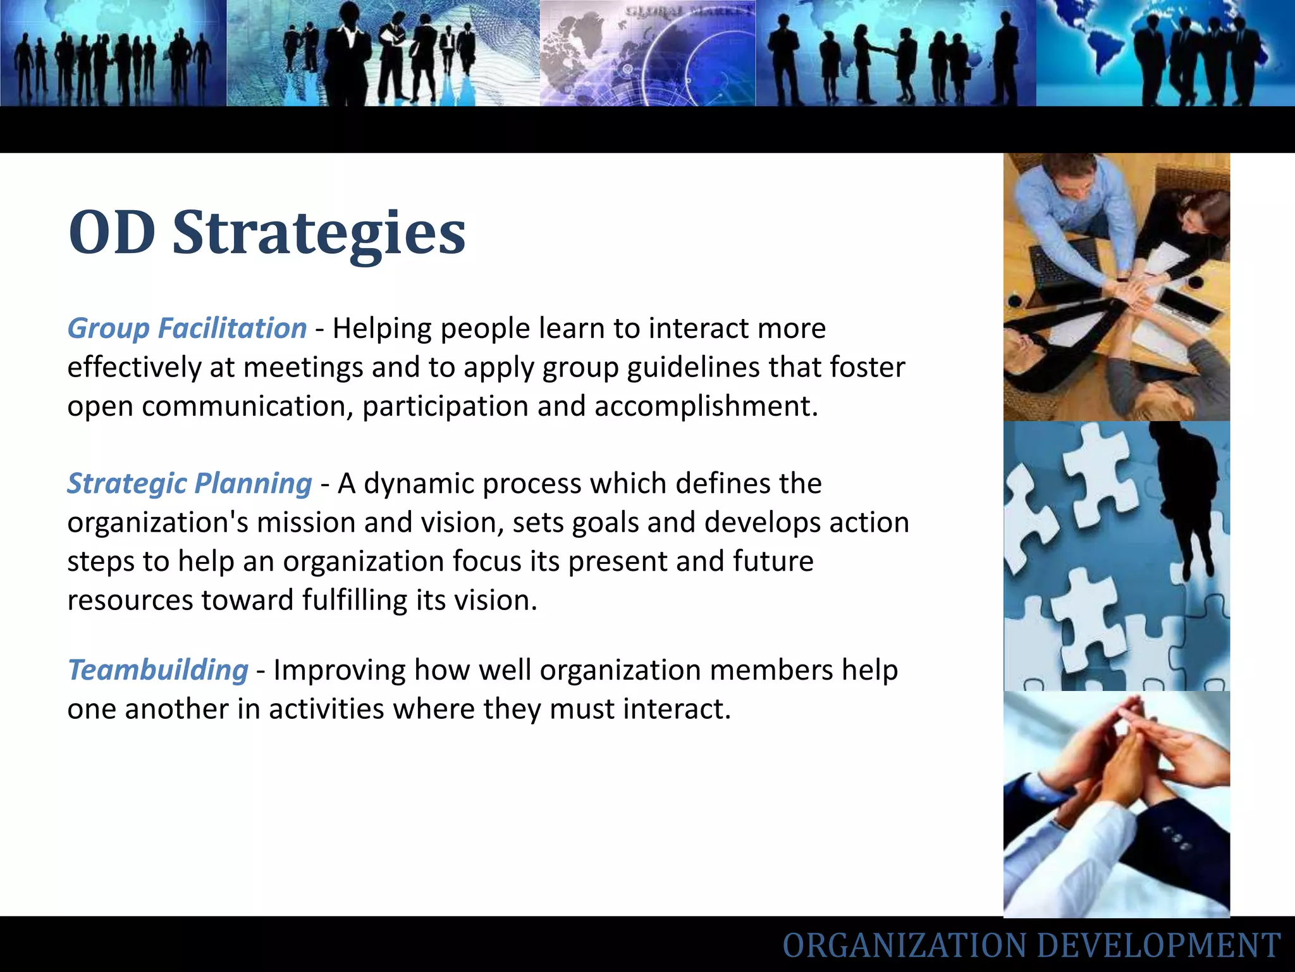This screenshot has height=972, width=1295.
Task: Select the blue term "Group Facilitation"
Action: click(187, 328)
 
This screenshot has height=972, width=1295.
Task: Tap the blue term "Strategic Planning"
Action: click(190, 483)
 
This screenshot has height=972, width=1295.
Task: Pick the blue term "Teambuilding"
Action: click(158, 670)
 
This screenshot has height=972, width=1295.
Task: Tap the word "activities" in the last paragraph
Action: click(326, 709)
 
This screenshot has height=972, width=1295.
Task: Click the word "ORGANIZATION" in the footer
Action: click(905, 945)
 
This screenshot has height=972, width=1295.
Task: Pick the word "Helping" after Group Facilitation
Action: click(383, 328)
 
